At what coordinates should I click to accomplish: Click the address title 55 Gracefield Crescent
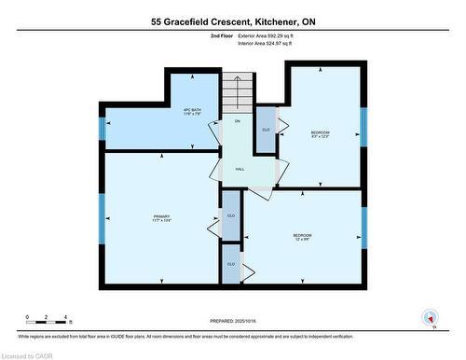(232, 20)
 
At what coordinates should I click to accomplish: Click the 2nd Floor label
(222, 35)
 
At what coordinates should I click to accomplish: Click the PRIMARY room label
(162, 218)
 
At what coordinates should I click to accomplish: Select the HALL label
(240, 169)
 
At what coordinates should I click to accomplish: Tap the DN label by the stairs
(237, 122)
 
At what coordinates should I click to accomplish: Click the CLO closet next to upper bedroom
(266, 130)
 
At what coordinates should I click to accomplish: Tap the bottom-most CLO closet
(231, 265)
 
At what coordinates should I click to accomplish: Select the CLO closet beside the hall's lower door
(231, 215)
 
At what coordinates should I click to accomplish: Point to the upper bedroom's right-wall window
(363, 128)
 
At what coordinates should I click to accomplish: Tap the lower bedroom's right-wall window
(363, 228)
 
